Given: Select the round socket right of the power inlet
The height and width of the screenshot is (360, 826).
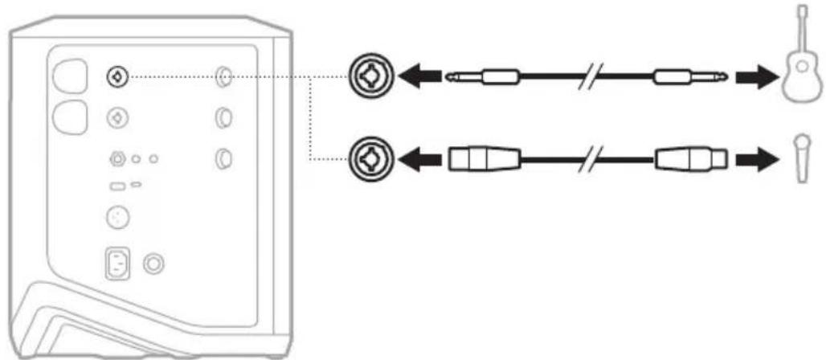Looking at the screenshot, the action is click(x=149, y=263).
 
